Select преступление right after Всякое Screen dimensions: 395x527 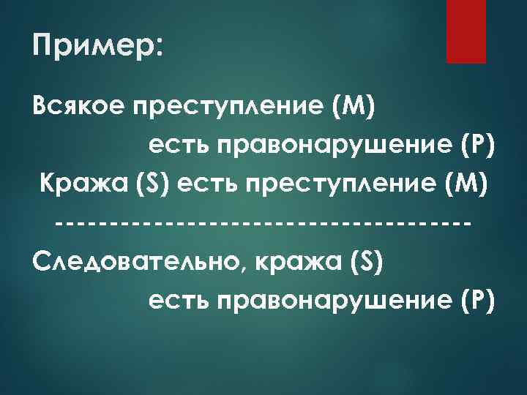(x=224, y=110)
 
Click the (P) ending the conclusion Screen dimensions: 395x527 (x=478, y=299)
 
